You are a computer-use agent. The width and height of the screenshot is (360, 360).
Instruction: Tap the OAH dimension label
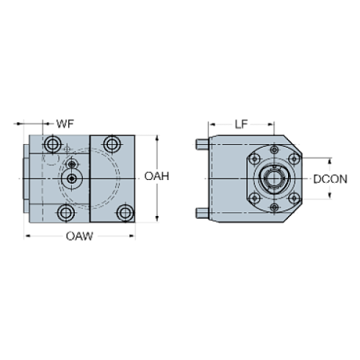[156, 176]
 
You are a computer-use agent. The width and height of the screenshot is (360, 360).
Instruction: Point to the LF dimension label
[241, 125]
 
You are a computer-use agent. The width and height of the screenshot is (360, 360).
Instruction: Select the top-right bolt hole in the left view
[111, 143]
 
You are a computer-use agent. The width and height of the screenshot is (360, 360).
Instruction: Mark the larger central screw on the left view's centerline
[71, 178]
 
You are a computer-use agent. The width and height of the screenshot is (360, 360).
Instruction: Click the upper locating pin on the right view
[201, 143]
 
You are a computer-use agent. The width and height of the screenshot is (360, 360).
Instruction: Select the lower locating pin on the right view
[201, 213]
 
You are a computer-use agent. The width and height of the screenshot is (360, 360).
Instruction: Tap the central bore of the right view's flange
[273, 179]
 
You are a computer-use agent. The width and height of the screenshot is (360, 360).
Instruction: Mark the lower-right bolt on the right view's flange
[293, 198]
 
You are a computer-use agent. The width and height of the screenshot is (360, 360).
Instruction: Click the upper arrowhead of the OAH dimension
[156, 138]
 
